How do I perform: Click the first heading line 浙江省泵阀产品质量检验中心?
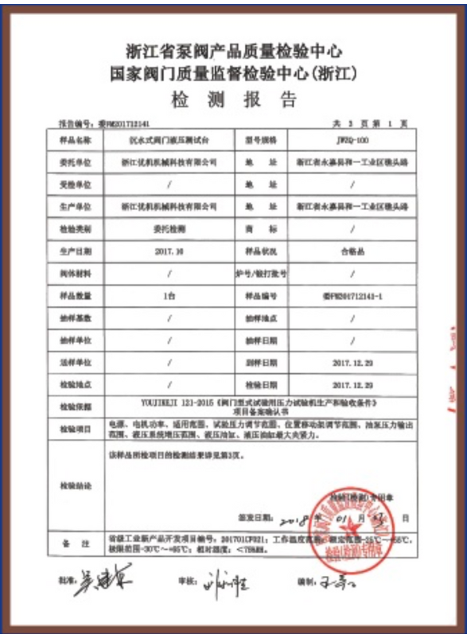[234, 53]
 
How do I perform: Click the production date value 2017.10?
[169, 251]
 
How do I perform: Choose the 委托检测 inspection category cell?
[169, 228]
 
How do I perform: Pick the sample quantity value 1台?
[169, 295]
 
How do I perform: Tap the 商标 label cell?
[261, 228]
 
